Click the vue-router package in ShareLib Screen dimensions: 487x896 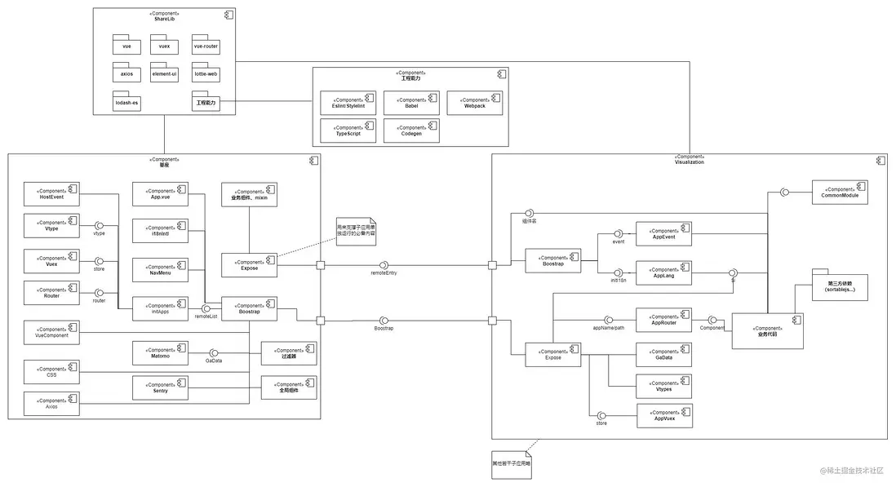point(206,46)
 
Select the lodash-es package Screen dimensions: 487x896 point(126,102)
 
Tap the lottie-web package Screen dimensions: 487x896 point(206,74)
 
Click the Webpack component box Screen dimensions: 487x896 point(475,103)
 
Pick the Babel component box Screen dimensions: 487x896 point(411,103)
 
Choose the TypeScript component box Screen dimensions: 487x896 point(348,131)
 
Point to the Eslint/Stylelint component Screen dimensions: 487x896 point(348,103)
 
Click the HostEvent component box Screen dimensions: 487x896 point(51,194)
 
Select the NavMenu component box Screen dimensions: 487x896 point(160,269)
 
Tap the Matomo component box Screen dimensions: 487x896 point(160,353)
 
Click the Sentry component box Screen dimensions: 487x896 point(160,387)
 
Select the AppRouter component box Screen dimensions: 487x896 point(663,320)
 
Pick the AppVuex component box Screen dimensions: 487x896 point(663,415)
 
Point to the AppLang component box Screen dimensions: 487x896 point(663,272)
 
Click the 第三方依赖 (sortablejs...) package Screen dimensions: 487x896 point(840,286)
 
